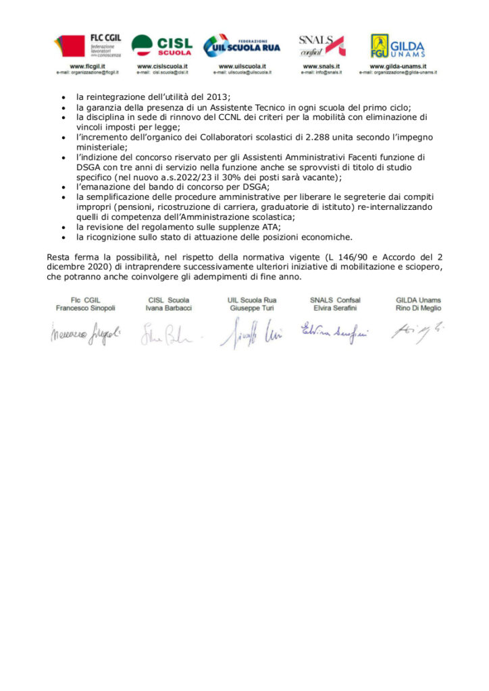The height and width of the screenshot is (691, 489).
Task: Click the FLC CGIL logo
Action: [x=87, y=46]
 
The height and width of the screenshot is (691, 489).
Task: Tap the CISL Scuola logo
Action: [x=161, y=46]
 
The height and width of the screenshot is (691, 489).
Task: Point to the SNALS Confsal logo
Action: [x=321, y=46]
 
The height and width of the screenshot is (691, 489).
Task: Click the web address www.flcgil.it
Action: [x=87, y=66]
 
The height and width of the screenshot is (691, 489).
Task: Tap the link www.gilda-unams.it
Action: [x=398, y=66]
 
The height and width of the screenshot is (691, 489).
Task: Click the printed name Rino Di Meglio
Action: [x=419, y=308]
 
